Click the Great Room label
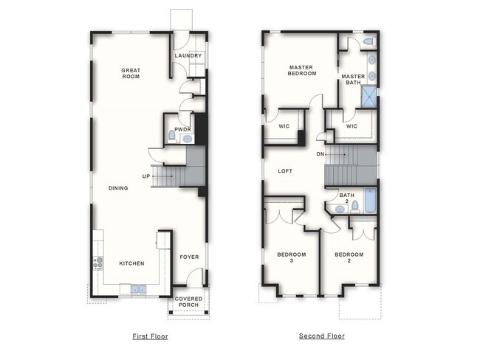pyautogui.click(x=131, y=73)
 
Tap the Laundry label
pyautogui.click(x=188, y=56)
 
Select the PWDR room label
pyautogui.click(x=182, y=128)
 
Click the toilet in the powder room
pyautogui.click(x=172, y=136)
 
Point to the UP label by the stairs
pyautogui.click(x=146, y=176)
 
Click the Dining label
pyautogui.click(x=118, y=188)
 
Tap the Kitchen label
pyautogui.click(x=131, y=263)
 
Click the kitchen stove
pyautogui.click(x=97, y=262)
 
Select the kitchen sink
pyautogui.click(x=139, y=288)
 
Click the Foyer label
pyautogui.click(x=189, y=257)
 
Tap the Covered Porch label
pyautogui.click(x=189, y=302)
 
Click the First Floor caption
pyautogui.click(x=150, y=336)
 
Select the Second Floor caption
pyautogui.click(x=321, y=336)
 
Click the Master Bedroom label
pyautogui.click(x=302, y=70)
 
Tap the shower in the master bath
pyautogui.click(x=368, y=97)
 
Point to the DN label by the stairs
pyautogui.click(x=320, y=154)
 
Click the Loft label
pyautogui.click(x=285, y=171)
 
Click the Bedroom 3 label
pyautogui.click(x=291, y=257)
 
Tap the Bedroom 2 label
pyautogui.click(x=349, y=257)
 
